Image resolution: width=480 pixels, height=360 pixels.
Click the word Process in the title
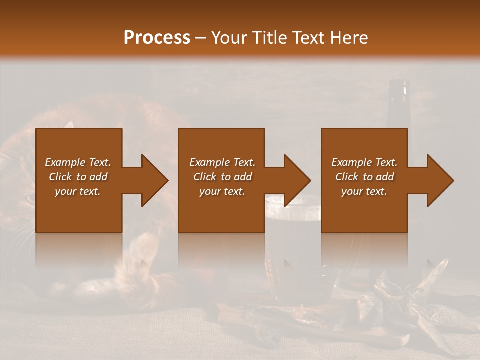[x=157, y=38]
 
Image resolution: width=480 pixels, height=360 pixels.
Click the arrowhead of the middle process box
[x=297, y=180]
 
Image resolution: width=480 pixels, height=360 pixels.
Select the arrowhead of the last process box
[x=440, y=180]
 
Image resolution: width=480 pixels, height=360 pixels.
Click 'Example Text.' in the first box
[x=78, y=162]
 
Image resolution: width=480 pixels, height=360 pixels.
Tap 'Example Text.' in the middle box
[x=222, y=162]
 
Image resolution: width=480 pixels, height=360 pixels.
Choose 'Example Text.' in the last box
[x=364, y=162]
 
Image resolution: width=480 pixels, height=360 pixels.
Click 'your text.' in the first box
[x=78, y=191]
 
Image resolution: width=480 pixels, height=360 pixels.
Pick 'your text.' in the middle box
[x=222, y=191]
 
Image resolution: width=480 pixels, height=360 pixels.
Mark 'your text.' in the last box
[x=364, y=191]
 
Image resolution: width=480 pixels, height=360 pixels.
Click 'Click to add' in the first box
[x=78, y=177]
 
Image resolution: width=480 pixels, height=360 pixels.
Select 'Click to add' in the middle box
[x=222, y=177]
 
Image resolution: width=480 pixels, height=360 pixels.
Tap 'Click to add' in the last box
[x=364, y=177]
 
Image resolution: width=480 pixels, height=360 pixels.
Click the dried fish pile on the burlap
[x=400, y=305]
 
